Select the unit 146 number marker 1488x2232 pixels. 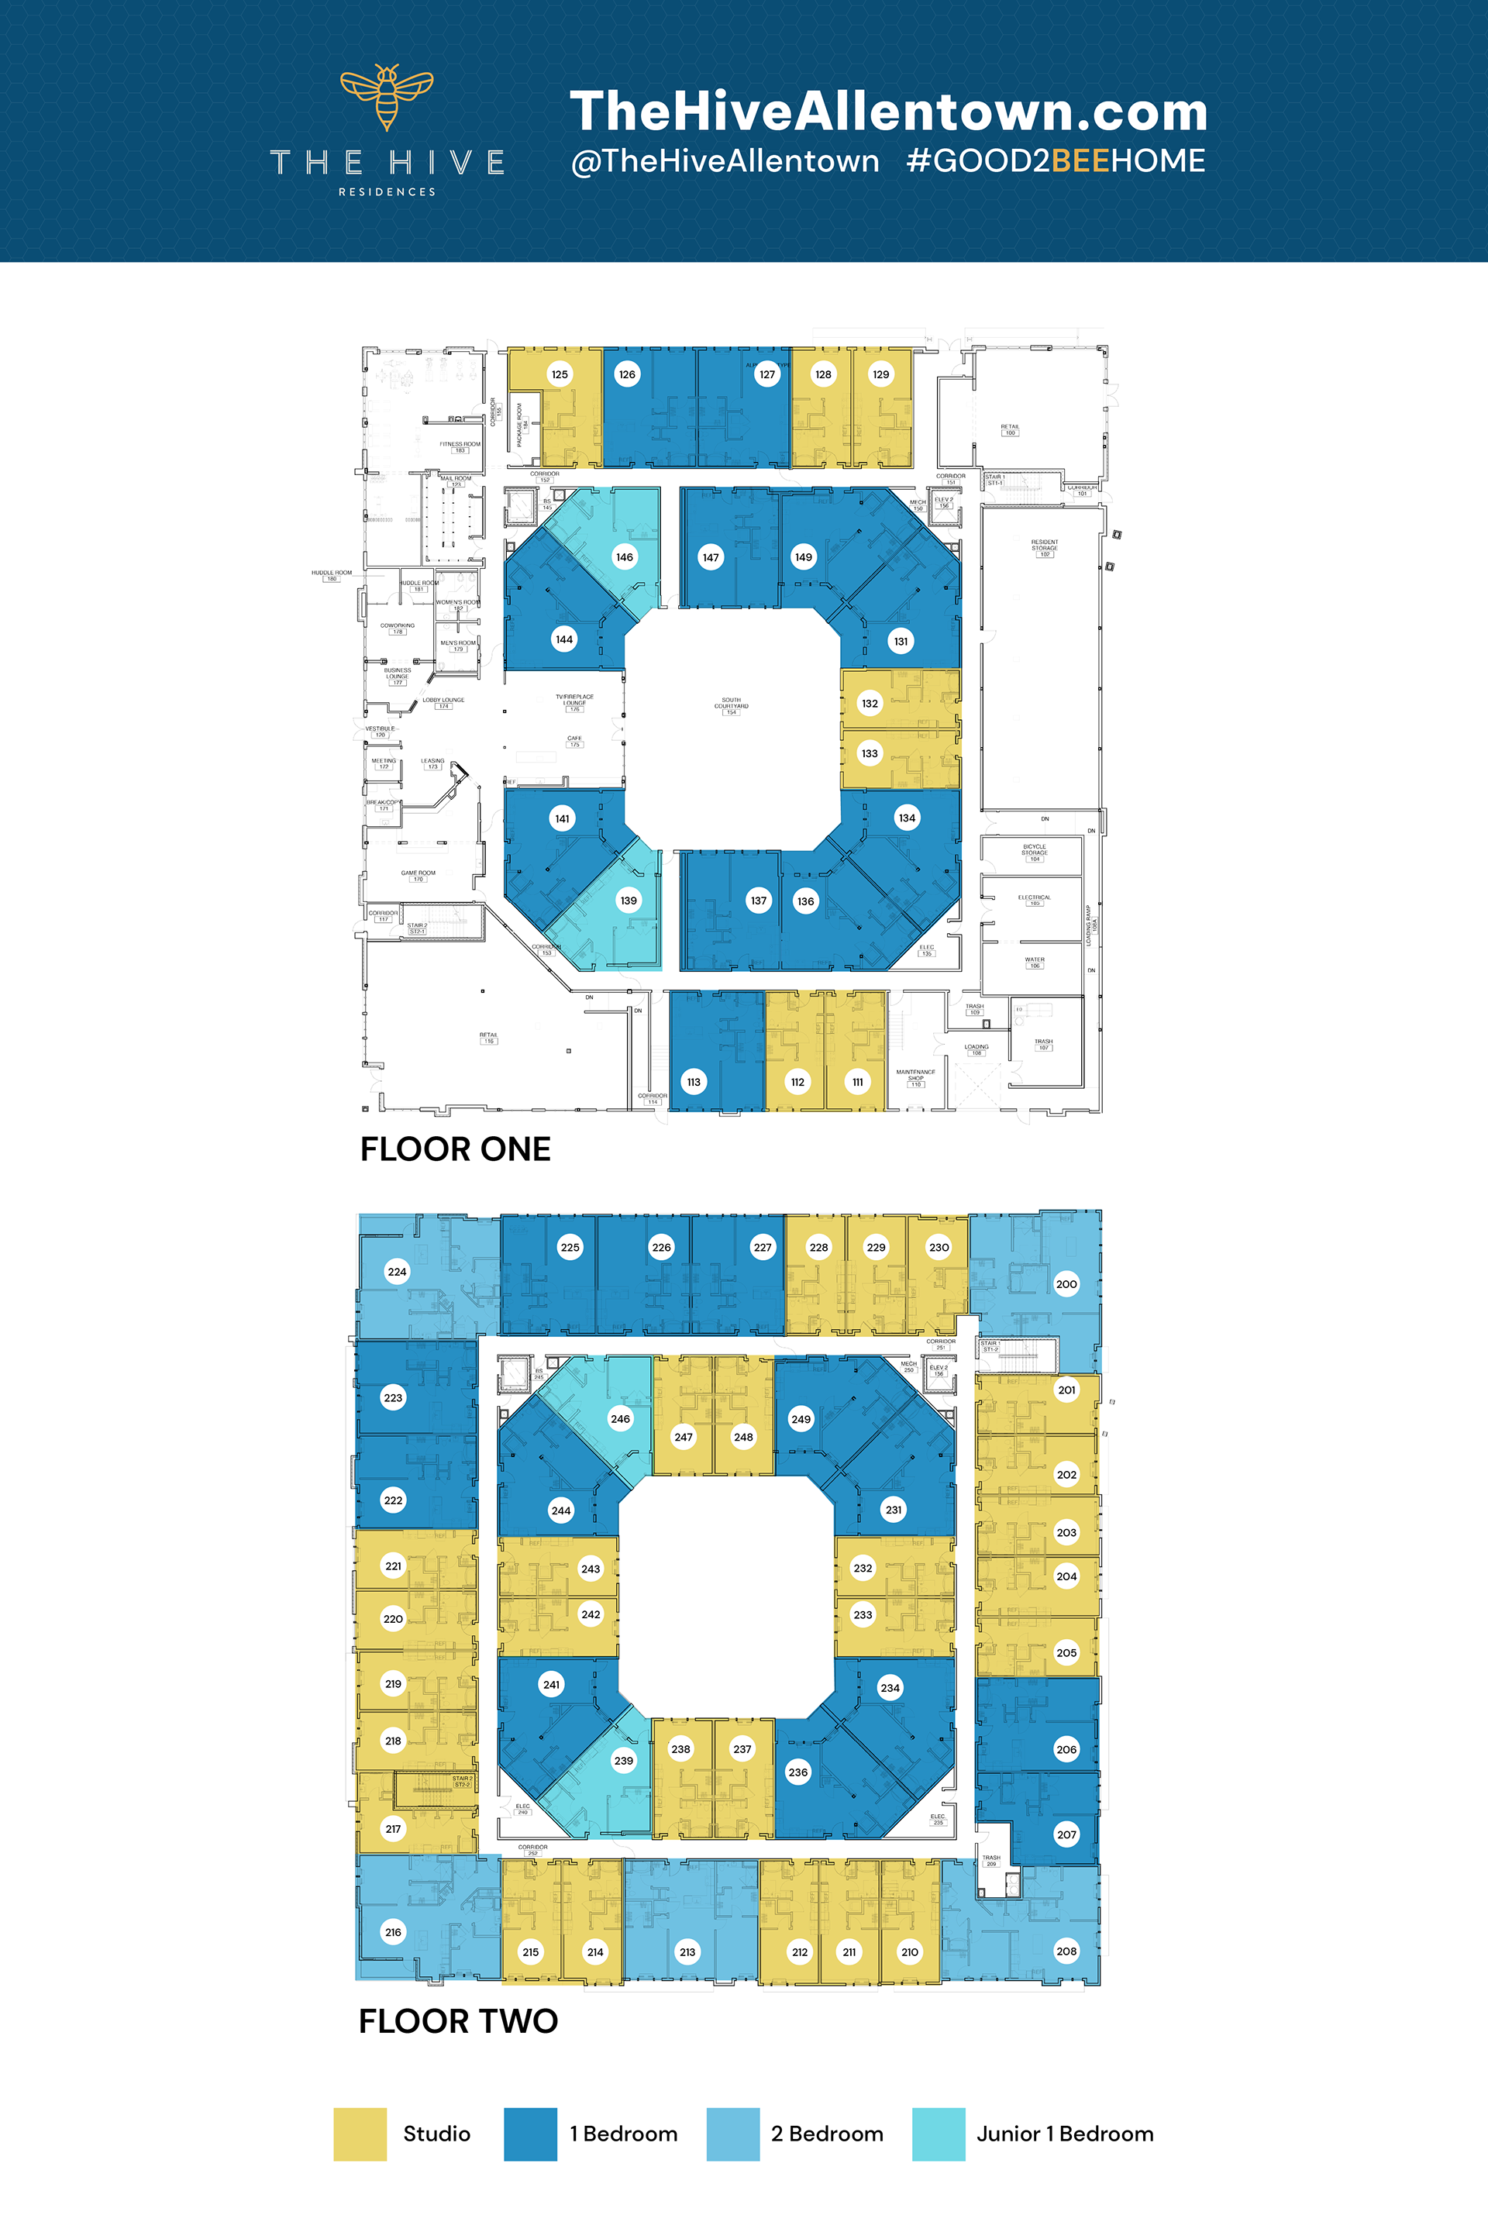pyautogui.click(x=625, y=557)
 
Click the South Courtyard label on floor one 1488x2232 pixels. pyautogui.click(x=731, y=704)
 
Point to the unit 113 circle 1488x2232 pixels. pyautogui.click(x=694, y=1082)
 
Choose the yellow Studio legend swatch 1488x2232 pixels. pyautogui.click(x=360, y=2134)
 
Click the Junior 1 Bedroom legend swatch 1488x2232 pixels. pyautogui.click(x=938, y=2134)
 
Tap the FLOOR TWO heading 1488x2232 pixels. pyautogui.click(x=458, y=2020)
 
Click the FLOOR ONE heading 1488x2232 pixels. pyautogui.click(x=456, y=1149)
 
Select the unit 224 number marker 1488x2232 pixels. pyautogui.click(x=397, y=1272)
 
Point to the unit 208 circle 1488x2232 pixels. pyautogui.click(x=1066, y=1951)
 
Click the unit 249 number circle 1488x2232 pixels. pyautogui.click(x=801, y=1420)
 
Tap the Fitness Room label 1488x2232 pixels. pyautogui.click(x=460, y=445)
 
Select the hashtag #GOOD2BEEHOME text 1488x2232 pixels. pyautogui.click(x=1056, y=160)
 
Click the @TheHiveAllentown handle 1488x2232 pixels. pyautogui.click(x=725, y=160)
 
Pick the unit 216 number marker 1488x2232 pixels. pyautogui.click(x=393, y=1931)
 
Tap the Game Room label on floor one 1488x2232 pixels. pyautogui.click(x=418, y=874)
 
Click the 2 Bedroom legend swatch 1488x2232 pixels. pyautogui.click(x=732, y=2134)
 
